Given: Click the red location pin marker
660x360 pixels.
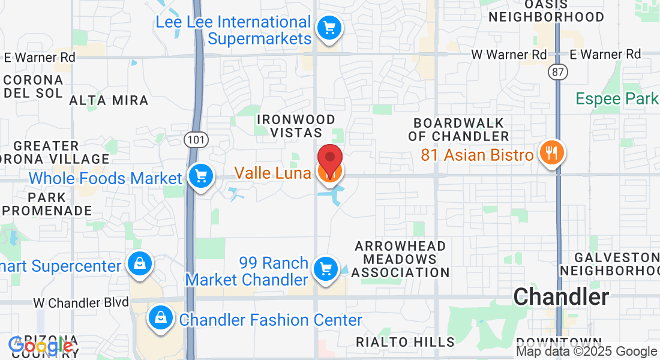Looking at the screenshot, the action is click(x=329, y=157).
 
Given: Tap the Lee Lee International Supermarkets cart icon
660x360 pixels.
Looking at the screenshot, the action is click(x=329, y=28).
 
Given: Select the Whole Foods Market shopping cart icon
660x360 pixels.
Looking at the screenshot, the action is click(x=200, y=176).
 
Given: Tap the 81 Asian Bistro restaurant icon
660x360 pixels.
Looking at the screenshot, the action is click(x=551, y=153).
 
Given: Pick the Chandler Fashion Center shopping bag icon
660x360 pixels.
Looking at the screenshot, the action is click(x=161, y=316).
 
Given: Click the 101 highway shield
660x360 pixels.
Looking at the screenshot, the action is click(x=190, y=139).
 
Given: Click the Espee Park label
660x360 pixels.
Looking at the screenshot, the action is click(x=617, y=98).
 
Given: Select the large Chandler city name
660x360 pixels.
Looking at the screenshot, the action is click(x=561, y=296).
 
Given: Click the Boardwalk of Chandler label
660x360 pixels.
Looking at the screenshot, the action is click(x=459, y=130).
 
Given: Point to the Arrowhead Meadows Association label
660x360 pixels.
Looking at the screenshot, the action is click(x=400, y=259).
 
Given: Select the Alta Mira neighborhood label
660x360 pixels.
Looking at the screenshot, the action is click(x=109, y=100).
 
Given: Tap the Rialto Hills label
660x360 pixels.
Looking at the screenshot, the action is click(x=405, y=342).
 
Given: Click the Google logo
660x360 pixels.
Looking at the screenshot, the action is click(x=41, y=346).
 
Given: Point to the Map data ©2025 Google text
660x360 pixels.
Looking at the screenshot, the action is click(x=587, y=352).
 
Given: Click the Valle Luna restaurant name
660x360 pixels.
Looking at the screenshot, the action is click(x=272, y=173).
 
